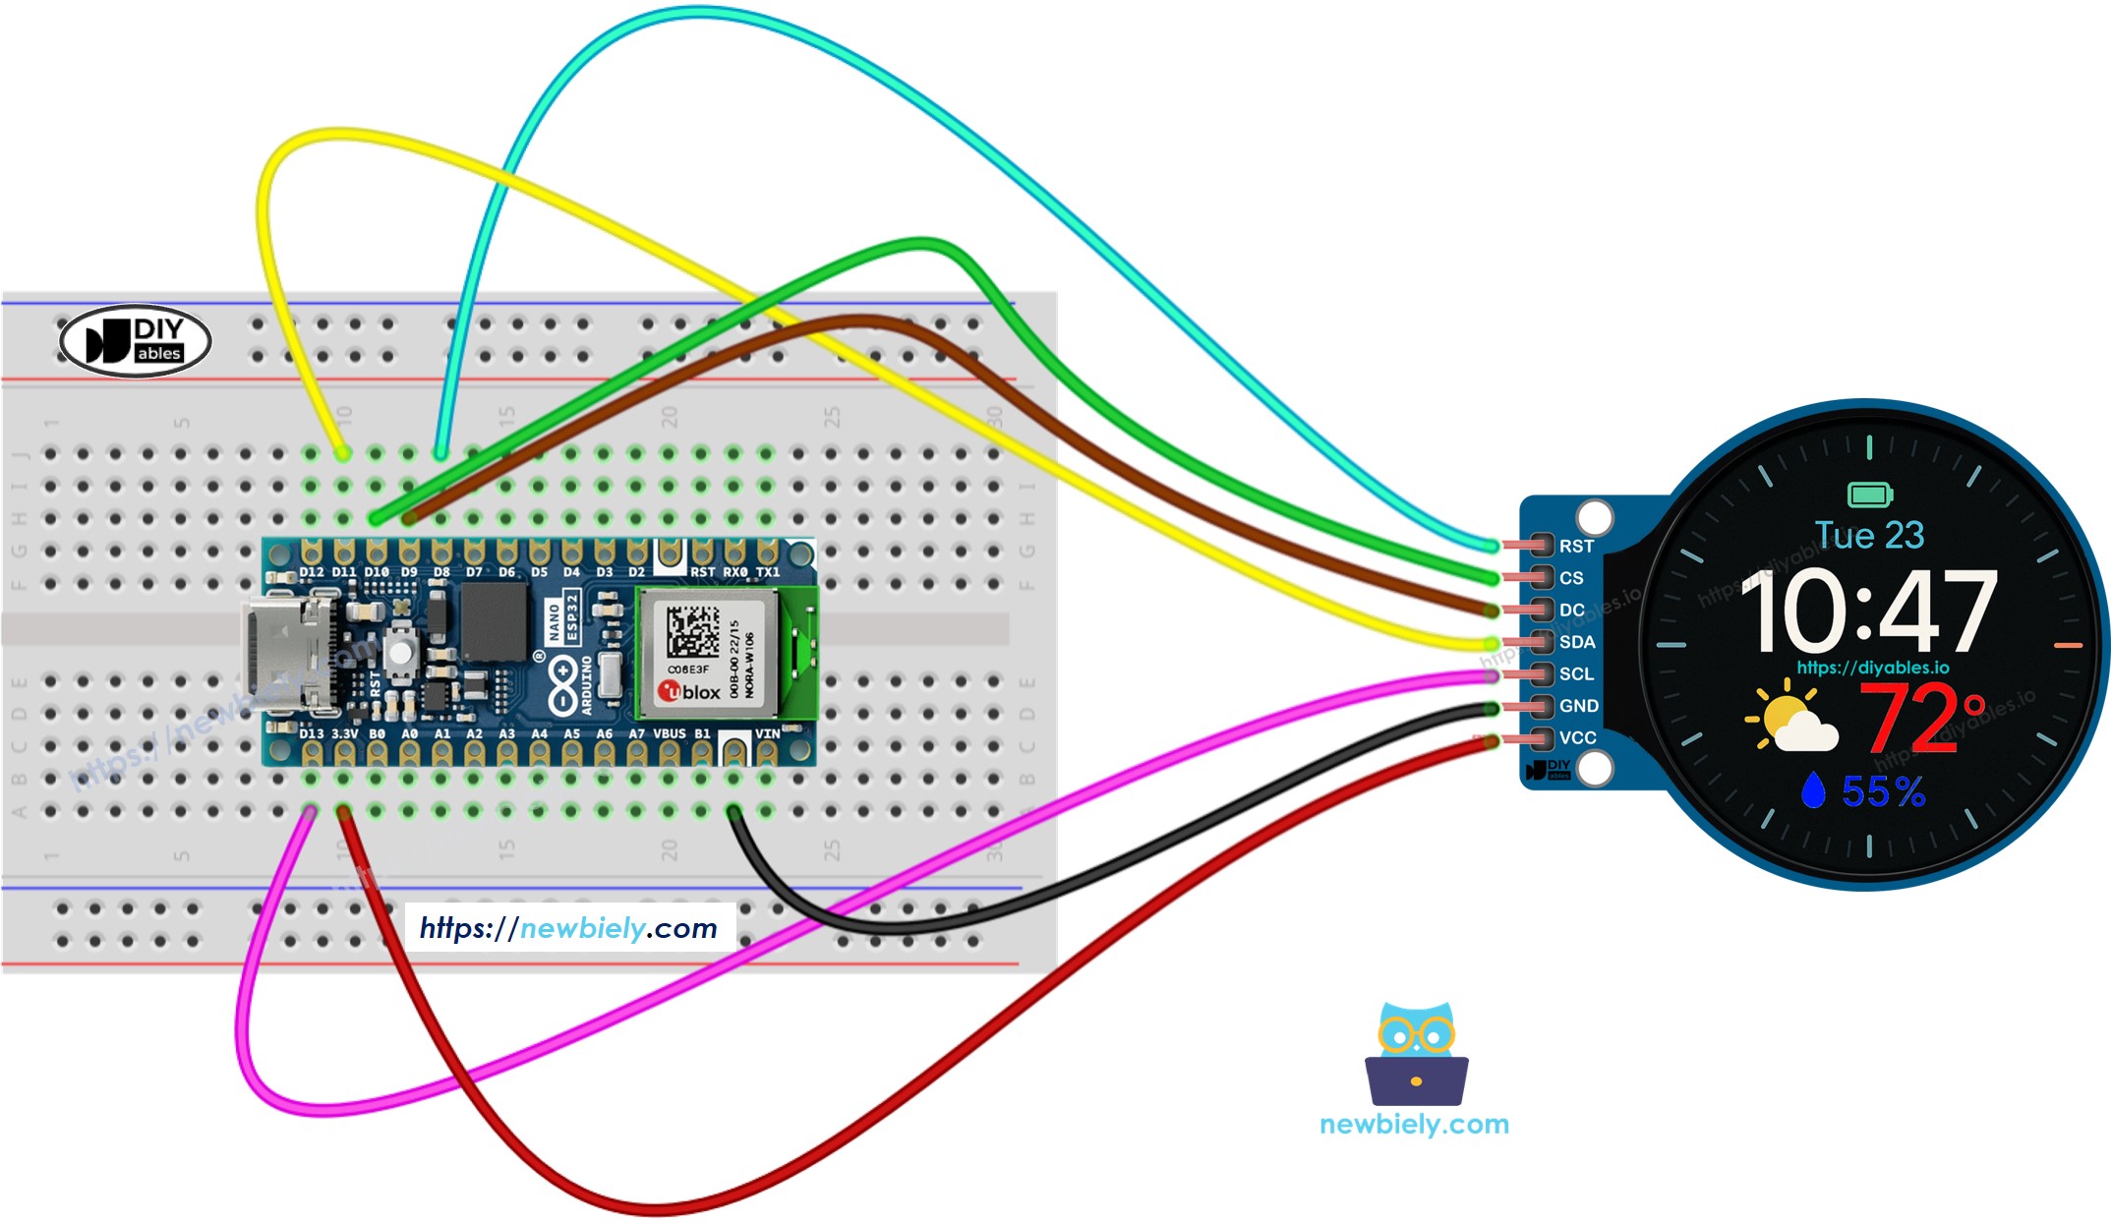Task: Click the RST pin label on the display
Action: point(1575,547)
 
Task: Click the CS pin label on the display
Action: point(1571,578)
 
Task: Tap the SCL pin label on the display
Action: point(1576,674)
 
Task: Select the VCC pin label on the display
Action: point(1577,738)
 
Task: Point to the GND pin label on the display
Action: point(1578,706)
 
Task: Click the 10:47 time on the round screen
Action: point(1868,612)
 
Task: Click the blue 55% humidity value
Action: point(1883,791)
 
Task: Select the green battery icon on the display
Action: point(1869,494)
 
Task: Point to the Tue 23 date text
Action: point(1869,536)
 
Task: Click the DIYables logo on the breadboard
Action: point(136,341)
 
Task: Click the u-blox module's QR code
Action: point(692,632)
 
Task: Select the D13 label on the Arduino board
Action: point(311,733)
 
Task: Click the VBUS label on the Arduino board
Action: point(669,733)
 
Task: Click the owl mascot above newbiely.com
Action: point(1416,1053)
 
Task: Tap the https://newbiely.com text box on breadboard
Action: point(568,928)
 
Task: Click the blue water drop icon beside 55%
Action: point(1812,790)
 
